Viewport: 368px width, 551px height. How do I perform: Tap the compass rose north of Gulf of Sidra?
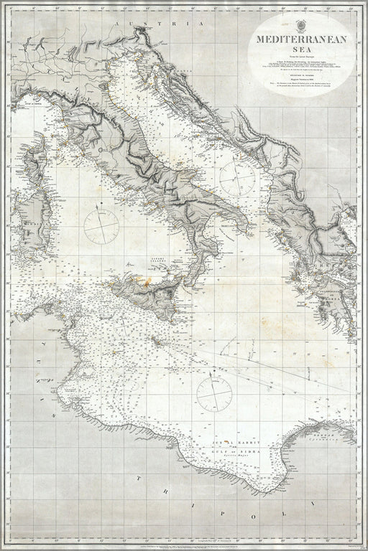coord(213,390)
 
